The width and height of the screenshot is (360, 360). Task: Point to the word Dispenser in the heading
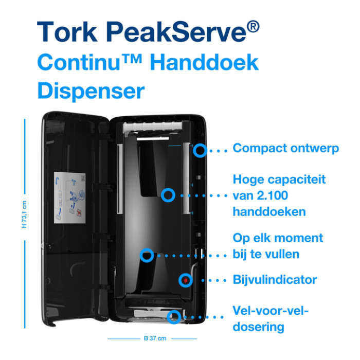[91, 92]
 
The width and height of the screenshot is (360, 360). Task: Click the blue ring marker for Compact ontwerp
[199, 150]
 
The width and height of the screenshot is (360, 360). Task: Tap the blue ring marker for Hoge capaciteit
[168, 195]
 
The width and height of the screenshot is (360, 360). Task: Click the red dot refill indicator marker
[185, 280]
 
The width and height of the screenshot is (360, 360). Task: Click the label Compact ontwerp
[286, 149]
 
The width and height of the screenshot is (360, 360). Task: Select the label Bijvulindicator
[275, 280]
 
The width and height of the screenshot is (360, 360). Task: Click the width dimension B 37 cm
[155, 338]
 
